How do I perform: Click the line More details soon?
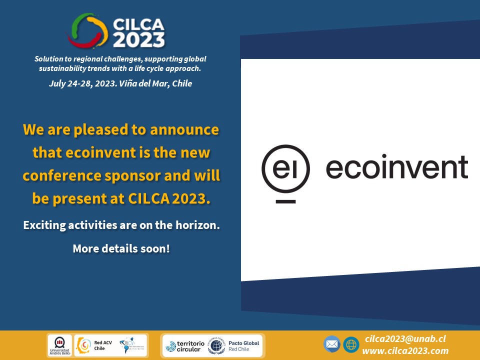coord(121,248)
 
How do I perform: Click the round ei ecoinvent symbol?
coord(285,168)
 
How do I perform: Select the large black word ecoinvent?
coord(397,167)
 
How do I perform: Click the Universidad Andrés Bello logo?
coord(59,345)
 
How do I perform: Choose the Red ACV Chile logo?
coord(92,345)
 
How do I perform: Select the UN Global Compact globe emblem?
coord(216,345)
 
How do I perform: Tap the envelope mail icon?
coord(331,344)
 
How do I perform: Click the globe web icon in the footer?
coord(351,344)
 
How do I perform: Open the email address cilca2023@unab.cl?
coord(405,338)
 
